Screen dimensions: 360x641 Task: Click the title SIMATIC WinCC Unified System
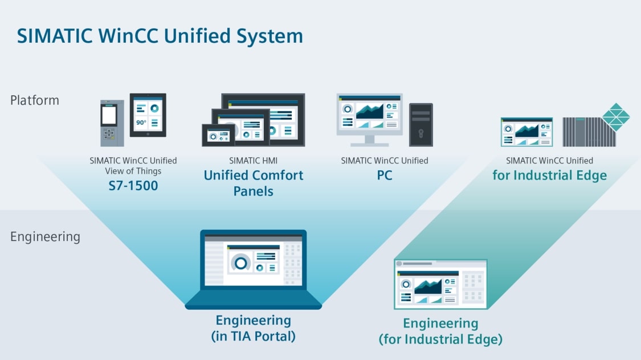coord(160,36)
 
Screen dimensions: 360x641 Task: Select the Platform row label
coord(35,100)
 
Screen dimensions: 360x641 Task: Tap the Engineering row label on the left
coord(45,236)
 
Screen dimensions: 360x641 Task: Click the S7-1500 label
coord(133,185)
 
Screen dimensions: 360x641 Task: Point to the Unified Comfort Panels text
coord(254,183)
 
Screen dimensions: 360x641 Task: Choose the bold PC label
coord(385,175)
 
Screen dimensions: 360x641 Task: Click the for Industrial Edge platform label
coord(549,175)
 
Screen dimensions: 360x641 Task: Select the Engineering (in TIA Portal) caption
coord(253,328)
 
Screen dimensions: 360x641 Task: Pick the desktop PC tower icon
coord(421,124)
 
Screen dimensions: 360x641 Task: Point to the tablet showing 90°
coord(148,115)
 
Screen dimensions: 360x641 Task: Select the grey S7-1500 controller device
coord(108,123)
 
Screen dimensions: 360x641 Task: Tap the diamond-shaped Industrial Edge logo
coord(616,117)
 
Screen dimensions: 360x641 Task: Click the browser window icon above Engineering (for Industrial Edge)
coord(440,284)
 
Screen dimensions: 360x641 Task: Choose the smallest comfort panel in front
coord(218,135)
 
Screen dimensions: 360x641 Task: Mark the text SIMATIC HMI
coord(253,161)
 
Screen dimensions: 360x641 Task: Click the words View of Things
coord(133,171)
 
